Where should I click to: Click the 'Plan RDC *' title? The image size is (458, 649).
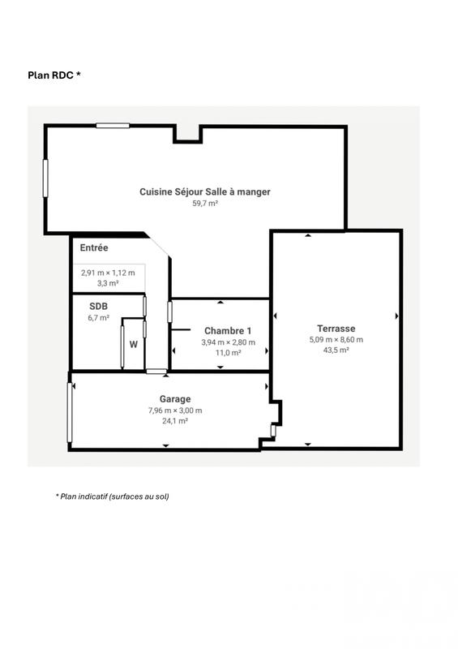(x=54, y=75)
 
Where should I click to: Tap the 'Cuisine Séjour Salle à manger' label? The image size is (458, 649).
(x=204, y=192)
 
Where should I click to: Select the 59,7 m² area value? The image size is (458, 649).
(x=204, y=204)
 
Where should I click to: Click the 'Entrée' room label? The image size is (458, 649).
(x=94, y=247)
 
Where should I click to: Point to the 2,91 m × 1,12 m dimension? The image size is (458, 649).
(x=108, y=273)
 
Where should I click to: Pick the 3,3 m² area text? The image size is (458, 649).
(x=108, y=284)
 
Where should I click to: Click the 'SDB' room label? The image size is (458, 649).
(x=97, y=307)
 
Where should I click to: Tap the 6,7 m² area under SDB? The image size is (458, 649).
(x=97, y=318)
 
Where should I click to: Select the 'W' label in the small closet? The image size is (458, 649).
(x=133, y=344)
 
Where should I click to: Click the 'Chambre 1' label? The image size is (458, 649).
(x=228, y=331)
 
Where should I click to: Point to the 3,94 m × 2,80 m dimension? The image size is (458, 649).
(x=228, y=342)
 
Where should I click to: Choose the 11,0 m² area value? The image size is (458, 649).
(x=228, y=353)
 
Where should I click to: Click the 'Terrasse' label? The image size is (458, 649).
(x=336, y=329)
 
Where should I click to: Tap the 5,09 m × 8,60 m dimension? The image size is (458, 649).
(x=336, y=339)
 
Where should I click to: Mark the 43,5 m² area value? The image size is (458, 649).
(x=336, y=350)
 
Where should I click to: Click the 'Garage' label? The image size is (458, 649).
(x=175, y=399)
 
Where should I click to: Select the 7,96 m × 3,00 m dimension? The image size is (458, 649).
(x=175, y=410)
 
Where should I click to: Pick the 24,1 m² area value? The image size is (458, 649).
(x=175, y=421)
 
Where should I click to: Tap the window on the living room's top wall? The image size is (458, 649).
(x=113, y=125)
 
